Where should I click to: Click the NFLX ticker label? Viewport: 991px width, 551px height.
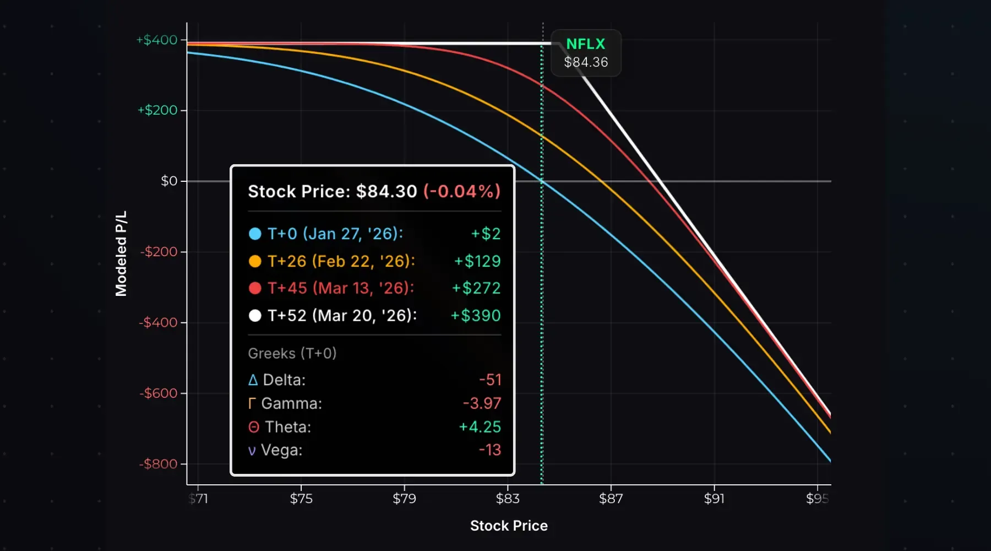[585, 44]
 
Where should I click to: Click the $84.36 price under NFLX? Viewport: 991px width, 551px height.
[586, 62]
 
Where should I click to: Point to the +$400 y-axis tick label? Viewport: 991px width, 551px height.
[157, 40]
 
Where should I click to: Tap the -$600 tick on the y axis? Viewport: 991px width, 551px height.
[159, 393]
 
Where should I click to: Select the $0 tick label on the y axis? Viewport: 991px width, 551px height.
[169, 181]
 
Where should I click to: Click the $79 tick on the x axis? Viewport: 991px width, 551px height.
[404, 498]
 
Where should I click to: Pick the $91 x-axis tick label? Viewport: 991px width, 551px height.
[714, 498]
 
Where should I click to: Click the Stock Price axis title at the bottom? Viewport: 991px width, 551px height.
[509, 526]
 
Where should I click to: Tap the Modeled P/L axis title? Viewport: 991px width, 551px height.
[121, 253]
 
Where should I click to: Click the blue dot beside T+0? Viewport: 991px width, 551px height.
[255, 234]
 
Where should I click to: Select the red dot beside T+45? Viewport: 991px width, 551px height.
[255, 288]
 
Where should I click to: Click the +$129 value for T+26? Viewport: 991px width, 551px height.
[477, 261]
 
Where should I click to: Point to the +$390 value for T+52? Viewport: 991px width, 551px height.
[475, 316]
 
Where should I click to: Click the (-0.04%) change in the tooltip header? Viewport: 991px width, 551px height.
[461, 191]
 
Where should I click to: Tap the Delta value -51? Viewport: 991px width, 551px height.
[489, 380]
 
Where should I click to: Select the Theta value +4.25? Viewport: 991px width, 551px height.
[480, 427]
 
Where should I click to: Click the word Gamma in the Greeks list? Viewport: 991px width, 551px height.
[291, 403]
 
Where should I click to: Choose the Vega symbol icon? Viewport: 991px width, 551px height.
[252, 451]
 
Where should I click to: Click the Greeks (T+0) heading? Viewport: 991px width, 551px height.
[292, 353]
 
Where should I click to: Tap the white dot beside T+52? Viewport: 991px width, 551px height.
[255, 316]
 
